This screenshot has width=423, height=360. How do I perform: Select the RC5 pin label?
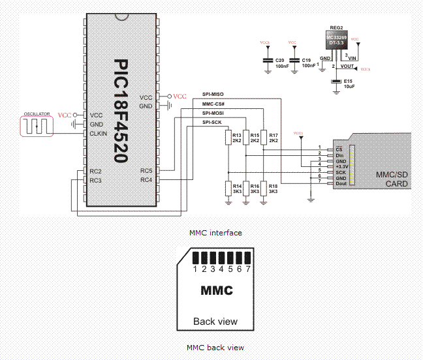click(146, 171)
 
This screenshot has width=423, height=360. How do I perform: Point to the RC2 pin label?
click(95, 171)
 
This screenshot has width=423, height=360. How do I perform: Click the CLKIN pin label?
click(99, 134)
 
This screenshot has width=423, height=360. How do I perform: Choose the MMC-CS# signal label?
click(213, 104)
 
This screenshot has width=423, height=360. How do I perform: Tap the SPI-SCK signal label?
click(211, 123)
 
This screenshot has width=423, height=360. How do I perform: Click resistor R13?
click(228, 138)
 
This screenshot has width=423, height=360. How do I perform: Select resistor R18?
click(263, 188)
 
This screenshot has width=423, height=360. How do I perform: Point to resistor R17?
click(263, 138)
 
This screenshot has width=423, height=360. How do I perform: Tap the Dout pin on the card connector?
click(340, 184)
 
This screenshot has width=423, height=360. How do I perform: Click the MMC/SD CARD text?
click(392, 179)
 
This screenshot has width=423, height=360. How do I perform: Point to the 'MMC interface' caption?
click(215, 233)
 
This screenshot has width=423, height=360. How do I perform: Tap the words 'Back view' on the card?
click(215, 321)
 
